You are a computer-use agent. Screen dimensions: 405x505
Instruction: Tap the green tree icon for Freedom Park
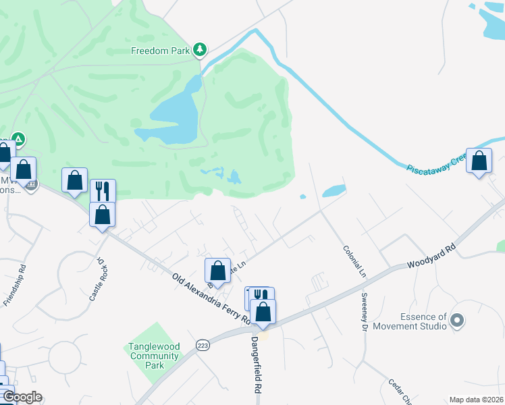200,49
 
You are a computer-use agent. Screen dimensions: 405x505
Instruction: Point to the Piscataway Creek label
437,163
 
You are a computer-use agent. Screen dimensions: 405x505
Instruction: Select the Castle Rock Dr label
99,278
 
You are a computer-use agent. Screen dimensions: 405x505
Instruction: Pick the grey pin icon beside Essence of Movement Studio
457,319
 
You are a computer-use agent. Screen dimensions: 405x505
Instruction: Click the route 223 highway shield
202,345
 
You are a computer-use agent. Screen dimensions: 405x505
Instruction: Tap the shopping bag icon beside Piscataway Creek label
479,162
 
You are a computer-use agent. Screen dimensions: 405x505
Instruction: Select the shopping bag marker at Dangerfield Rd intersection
263,312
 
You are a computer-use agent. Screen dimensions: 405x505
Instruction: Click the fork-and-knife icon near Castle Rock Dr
103,190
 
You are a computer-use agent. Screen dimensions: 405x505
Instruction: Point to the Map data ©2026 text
476,400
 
